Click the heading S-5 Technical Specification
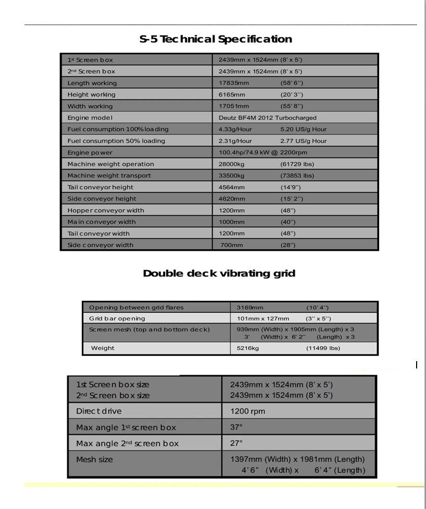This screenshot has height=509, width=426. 216,39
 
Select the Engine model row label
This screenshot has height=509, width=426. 90,118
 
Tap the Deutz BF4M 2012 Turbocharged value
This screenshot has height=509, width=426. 267,118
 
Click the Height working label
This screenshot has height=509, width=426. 91,95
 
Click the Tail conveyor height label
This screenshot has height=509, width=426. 100,187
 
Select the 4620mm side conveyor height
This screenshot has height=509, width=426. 231,199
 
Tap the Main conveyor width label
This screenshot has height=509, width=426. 101,222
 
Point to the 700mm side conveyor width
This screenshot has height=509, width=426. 231,245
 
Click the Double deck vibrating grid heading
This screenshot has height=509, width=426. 219,273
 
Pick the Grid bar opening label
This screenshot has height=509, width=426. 117,319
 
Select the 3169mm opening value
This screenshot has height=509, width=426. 250,308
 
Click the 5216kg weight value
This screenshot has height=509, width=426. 247,348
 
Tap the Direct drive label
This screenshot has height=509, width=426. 98,411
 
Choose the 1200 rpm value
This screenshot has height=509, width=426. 247,411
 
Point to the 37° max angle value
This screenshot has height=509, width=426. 236,427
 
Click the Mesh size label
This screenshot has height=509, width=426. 94,460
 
